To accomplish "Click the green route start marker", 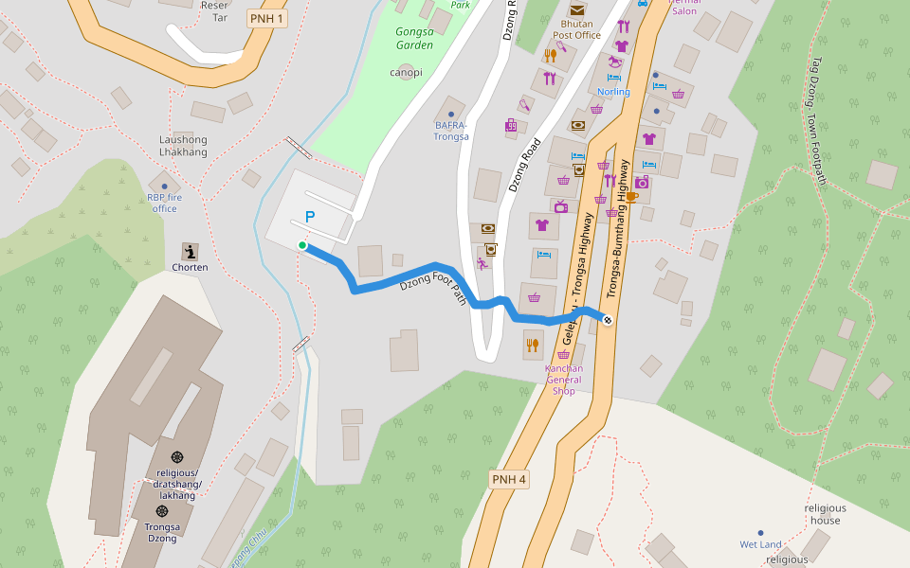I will pyautogui.click(x=302, y=245).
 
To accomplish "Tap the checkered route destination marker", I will pyautogui.click(x=608, y=320).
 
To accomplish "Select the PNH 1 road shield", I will pyautogui.click(x=266, y=18).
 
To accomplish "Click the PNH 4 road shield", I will pyautogui.click(x=509, y=479).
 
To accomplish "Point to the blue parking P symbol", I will pyautogui.click(x=310, y=217).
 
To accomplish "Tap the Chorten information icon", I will pyautogui.click(x=191, y=252).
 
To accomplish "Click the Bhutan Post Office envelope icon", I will pyautogui.click(x=577, y=9).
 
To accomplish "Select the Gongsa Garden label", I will pyautogui.click(x=414, y=38).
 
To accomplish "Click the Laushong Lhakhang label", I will pyautogui.click(x=183, y=146).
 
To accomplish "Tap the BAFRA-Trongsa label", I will pyautogui.click(x=451, y=131).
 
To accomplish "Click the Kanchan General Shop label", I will pyautogui.click(x=564, y=379).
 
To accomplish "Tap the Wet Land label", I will pyautogui.click(x=760, y=544).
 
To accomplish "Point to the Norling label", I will pyautogui.click(x=613, y=92).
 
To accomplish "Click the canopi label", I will pyautogui.click(x=405, y=72).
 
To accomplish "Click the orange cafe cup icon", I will pyautogui.click(x=630, y=197).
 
